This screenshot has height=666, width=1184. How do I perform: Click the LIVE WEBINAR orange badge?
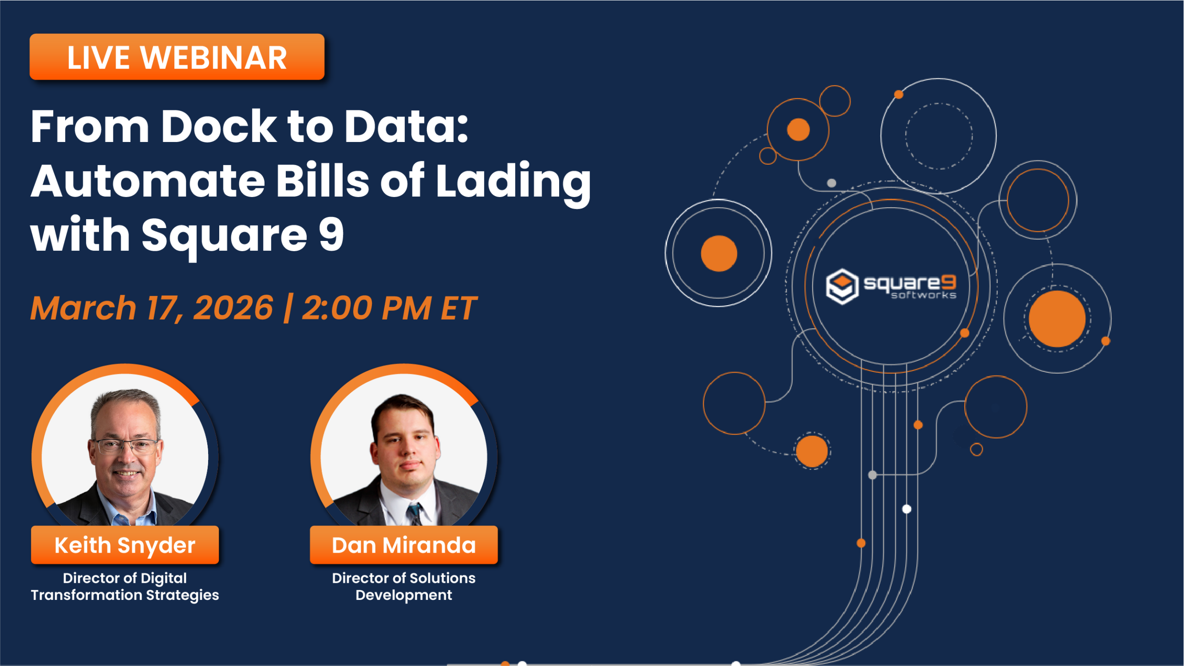[177, 57]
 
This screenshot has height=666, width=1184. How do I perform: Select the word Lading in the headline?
[513, 181]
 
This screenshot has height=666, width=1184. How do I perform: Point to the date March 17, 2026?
[152, 308]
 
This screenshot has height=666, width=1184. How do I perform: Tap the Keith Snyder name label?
[125, 545]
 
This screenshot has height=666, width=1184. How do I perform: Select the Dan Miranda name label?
[404, 545]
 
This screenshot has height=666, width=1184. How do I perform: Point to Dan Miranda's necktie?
[414, 513]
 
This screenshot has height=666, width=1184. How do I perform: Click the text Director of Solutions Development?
[404, 586]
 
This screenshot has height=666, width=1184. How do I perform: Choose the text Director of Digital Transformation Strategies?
[125, 586]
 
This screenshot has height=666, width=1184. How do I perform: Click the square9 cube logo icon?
[842, 286]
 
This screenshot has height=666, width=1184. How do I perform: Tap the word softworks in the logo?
[924, 296]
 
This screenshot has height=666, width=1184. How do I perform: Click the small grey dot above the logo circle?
[832, 183]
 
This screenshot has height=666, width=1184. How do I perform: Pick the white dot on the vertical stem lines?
[907, 509]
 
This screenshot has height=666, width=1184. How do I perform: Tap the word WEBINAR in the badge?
[214, 58]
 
